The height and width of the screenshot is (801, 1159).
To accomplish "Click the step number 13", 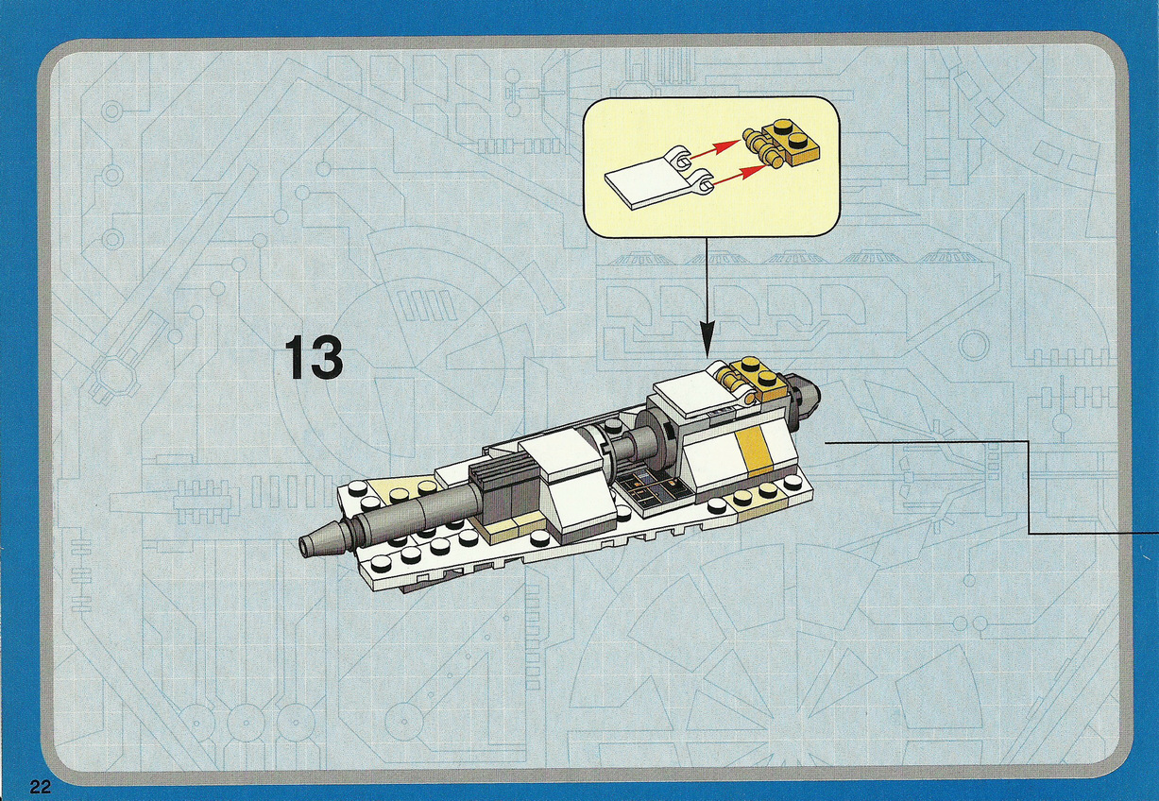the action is [x=314, y=357].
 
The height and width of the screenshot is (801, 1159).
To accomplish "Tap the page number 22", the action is [x=41, y=787].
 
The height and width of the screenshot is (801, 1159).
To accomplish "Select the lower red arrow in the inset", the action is [x=736, y=176].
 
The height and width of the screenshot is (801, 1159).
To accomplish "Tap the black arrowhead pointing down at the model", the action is [x=707, y=341].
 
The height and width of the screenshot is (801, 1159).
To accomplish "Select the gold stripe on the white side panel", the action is [x=752, y=448].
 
